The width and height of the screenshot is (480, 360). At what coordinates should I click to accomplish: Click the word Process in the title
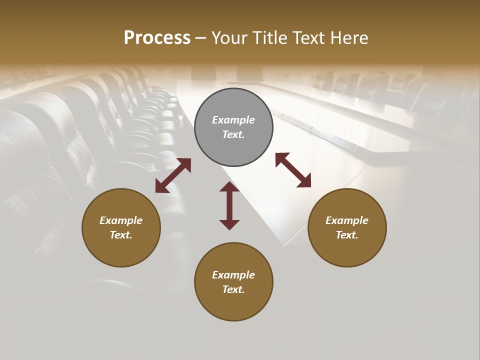point(157,38)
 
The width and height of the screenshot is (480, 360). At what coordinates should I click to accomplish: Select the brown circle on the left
point(121,227)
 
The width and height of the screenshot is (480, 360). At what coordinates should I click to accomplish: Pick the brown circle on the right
point(347,227)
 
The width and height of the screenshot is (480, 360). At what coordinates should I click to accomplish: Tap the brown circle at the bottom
point(233,281)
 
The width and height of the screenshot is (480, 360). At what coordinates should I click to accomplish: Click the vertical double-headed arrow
point(229,205)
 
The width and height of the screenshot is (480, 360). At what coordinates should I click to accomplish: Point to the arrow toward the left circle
point(173,175)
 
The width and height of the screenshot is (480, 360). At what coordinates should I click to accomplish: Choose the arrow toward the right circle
point(293,170)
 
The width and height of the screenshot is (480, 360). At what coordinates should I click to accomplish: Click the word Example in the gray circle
point(233,120)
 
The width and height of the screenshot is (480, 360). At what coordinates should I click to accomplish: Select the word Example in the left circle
point(121,220)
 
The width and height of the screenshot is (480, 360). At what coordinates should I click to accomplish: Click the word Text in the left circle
point(120,235)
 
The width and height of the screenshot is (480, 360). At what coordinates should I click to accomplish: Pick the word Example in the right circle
point(347,220)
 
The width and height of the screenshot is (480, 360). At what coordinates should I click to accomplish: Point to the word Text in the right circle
point(346,235)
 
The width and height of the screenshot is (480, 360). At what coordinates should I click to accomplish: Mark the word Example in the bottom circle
point(233,275)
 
